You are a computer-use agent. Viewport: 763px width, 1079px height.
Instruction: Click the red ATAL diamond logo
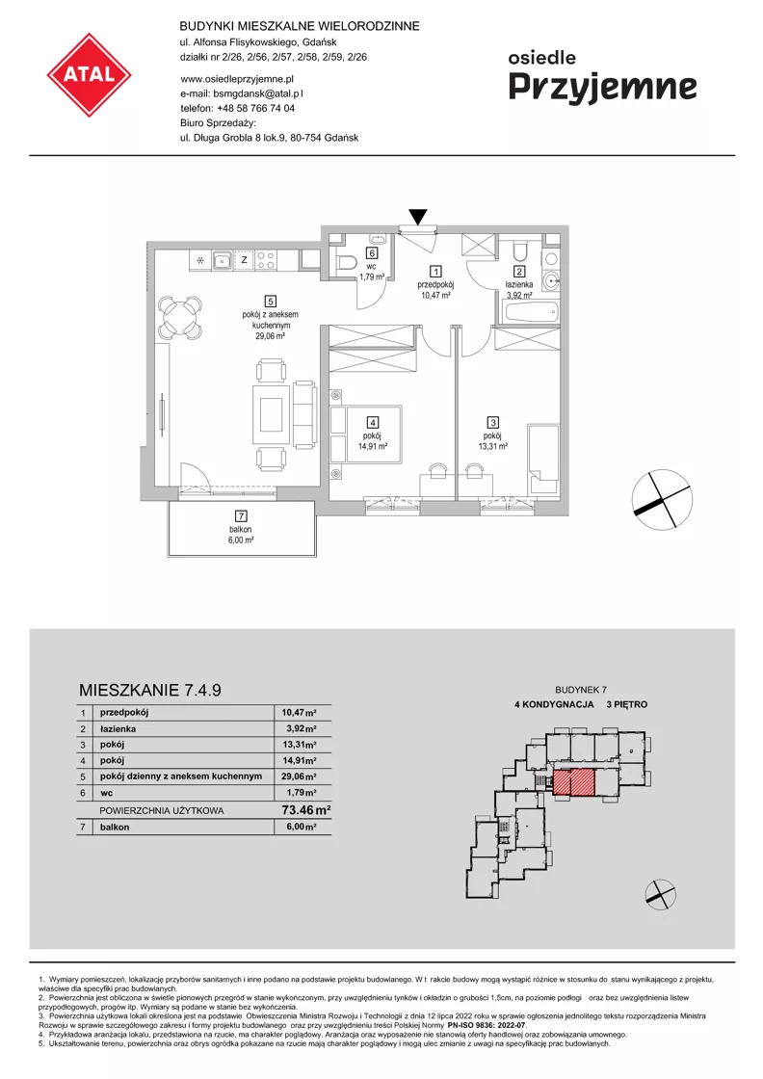[x=89, y=74]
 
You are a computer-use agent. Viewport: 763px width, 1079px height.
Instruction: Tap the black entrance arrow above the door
[x=417, y=217]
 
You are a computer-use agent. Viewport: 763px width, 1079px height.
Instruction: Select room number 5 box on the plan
[x=271, y=301]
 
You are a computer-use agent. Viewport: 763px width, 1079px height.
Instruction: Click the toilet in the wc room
[x=346, y=261]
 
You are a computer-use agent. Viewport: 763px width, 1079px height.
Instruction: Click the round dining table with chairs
[x=179, y=318]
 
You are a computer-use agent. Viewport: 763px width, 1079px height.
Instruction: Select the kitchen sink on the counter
[x=222, y=260]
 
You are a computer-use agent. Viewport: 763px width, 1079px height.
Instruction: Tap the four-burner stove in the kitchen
[x=266, y=260]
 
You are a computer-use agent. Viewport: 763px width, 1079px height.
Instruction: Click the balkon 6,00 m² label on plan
[x=241, y=535]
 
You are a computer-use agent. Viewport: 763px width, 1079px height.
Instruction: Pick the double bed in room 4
[x=365, y=434]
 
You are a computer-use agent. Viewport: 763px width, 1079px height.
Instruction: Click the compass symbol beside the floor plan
[x=661, y=500]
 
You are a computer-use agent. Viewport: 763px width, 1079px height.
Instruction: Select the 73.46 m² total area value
[x=306, y=810]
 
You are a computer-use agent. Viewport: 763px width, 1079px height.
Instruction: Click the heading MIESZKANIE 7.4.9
[x=150, y=690]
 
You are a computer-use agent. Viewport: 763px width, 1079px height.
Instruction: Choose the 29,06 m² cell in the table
[x=299, y=776]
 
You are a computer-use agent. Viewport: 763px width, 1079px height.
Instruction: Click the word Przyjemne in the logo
[x=603, y=87]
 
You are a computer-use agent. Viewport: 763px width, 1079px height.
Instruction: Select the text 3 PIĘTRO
[x=627, y=704]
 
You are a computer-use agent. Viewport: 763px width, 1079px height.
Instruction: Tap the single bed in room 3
[x=542, y=459]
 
